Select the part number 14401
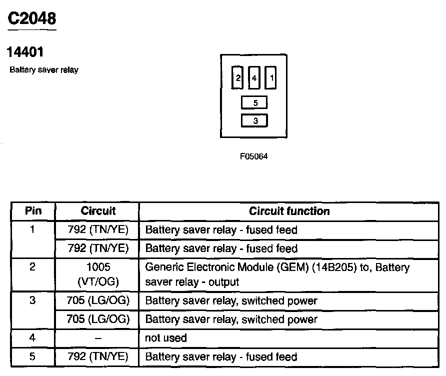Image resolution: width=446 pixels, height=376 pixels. pyautogui.click(x=25, y=52)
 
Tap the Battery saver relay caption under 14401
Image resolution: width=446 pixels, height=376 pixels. pyautogui.click(x=44, y=70)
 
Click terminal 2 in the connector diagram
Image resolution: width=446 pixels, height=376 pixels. pyautogui.click(x=237, y=77)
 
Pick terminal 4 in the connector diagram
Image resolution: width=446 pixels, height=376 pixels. pyautogui.click(x=254, y=77)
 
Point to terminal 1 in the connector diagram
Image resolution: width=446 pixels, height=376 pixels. pyautogui.click(x=270, y=77)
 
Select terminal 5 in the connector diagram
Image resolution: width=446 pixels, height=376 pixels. pyautogui.click(x=254, y=102)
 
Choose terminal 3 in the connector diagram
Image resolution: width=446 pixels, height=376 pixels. pyautogui.click(x=254, y=120)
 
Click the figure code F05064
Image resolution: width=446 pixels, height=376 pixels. pyautogui.click(x=253, y=156)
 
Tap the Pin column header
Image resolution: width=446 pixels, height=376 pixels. pyautogui.click(x=33, y=211)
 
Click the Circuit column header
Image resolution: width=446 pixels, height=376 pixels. pyautogui.click(x=98, y=211)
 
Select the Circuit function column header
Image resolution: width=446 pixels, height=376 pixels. pyautogui.click(x=289, y=211)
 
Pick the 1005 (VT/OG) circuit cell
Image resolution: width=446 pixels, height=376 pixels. pyautogui.click(x=98, y=274)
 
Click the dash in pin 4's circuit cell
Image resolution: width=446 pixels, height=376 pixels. pyautogui.click(x=98, y=338)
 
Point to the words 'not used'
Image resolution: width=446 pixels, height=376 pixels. pyautogui.click(x=166, y=338)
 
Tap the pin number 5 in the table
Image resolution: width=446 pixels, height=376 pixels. pyautogui.click(x=32, y=356)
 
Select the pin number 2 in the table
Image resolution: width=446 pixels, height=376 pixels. pyautogui.click(x=32, y=267)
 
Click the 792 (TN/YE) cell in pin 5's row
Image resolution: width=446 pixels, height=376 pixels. pyautogui.click(x=98, y=356)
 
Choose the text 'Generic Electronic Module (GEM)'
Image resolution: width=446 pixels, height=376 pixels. pyautogui.click(x=227, y=267)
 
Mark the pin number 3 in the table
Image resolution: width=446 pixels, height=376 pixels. pyautogui.click(x=32, y=300)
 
